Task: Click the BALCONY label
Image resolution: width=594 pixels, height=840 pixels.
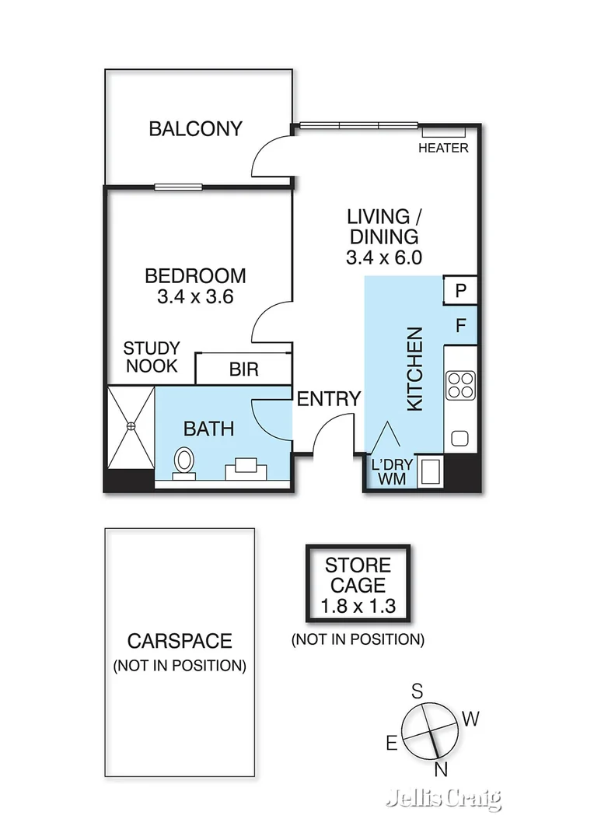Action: (x=196, y=128)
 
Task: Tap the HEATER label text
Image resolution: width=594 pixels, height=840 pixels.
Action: (x=443, y=148)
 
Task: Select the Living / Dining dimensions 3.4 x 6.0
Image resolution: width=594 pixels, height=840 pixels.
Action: (x=383, y=258)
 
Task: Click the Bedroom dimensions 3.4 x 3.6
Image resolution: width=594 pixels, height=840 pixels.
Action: (x=196, y=296)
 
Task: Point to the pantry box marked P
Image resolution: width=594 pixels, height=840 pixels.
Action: (x=460, y=291)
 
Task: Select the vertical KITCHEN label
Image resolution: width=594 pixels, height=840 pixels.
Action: (x=415, y=369)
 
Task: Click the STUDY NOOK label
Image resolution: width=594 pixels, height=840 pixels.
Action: (x=151, y=357)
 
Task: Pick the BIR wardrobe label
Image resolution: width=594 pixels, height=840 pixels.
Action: (x=243, y=369)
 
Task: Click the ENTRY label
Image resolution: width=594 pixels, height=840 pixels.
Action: (x=330, y=399)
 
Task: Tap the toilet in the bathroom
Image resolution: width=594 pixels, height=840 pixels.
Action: (x=184, y=460)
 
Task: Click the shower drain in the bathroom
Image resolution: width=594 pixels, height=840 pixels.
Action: (x=131, y=425)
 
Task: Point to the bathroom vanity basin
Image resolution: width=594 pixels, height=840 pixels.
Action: (x=247, y=468)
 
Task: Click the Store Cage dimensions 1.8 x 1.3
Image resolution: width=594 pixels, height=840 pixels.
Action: (x=358, y=606)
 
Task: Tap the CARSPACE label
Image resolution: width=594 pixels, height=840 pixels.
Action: (x=180, y=641)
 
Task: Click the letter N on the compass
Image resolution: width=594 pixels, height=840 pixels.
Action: (x=440, y=769)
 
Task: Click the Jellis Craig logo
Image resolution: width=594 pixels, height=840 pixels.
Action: (x=444, y=799)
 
